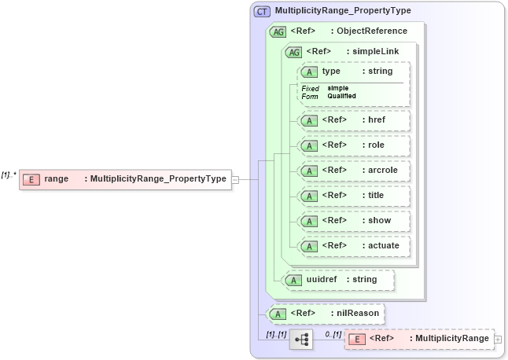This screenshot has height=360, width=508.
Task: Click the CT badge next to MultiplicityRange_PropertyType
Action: tap(262, 12)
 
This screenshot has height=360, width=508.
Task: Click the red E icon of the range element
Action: tap(31, 179)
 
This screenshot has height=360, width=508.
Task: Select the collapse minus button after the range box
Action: tap(235, 179)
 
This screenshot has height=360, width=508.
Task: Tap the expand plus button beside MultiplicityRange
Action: tap(498, 339)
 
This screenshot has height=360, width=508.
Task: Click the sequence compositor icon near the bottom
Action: tap(301, 339)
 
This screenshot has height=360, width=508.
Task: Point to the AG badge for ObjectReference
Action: tap(278, 31)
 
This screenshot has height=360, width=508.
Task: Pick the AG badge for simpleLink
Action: tap(293, 52)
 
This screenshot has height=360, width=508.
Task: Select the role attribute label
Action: tap(376, 145)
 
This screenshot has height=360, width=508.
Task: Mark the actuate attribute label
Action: tap(384, 245)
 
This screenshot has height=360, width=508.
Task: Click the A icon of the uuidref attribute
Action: tap(293, 279)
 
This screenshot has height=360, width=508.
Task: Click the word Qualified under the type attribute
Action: tap(341, 96)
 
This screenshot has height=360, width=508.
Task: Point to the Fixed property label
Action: tap(310, 88)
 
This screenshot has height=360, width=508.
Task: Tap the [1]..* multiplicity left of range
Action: tap(9, 174)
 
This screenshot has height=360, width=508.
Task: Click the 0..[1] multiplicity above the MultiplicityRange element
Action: tap(333, 334)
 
